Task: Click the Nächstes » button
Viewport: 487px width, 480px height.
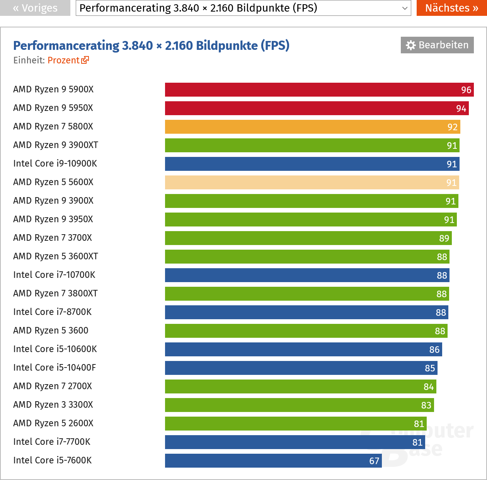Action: click(x=451, y=8)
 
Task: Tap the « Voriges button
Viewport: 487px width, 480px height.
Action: click(x=35, y=8)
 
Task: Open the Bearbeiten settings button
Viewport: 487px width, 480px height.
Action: click(x=437, y=45)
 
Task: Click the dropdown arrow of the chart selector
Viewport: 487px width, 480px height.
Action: click(x=405, y=8)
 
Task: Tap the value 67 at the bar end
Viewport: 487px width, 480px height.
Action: click(x=374, y=461)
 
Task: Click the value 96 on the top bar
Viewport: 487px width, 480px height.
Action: click(x=466, y=90)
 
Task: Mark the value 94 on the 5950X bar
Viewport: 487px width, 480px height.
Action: click(x=461, y=109)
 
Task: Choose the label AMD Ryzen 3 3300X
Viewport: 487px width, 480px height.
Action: click(x=53, y=405)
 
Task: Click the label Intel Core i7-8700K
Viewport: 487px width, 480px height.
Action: click(x=52, y=312)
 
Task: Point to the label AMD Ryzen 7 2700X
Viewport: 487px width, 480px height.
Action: click(x=53, y=386)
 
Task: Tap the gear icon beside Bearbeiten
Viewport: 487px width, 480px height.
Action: click(x=410, y=45)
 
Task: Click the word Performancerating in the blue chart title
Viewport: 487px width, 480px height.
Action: click(x=66, y=46)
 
